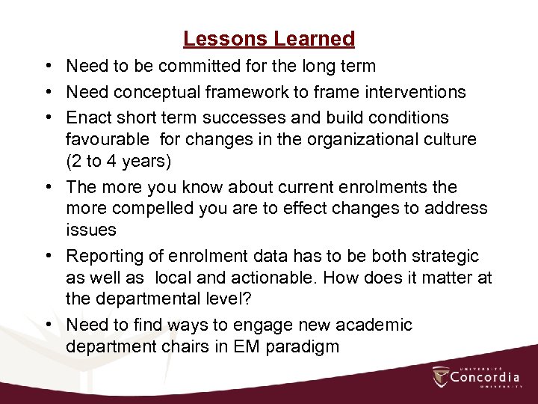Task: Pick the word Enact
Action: pyautogui.click(x=87, y=117)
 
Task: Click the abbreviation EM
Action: pyautogui.click(x=259, y=347)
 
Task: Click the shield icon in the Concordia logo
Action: pyautogui.click(x=441, y=377)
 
